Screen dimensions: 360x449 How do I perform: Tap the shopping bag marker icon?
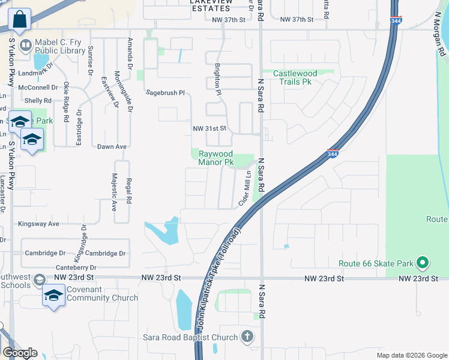tap(19, 19)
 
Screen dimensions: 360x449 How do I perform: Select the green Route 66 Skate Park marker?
tap(423, 263)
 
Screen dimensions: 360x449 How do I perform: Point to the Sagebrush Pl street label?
tap(166, 93)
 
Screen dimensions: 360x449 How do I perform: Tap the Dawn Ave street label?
tap(112, 146)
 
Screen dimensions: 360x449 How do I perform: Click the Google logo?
tap(20, 353)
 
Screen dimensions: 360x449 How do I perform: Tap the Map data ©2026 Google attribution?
tap(411, 355)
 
